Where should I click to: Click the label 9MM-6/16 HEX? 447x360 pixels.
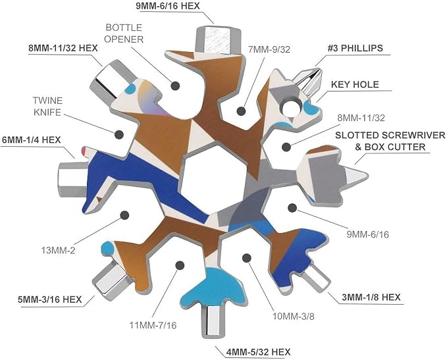click(x=168, y=6)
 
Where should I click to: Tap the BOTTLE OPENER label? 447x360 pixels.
click(x=124, y=34)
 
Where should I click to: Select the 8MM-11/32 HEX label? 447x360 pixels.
click(x=63, y=48)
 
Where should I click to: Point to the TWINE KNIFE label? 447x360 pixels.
click(x=47, y=107)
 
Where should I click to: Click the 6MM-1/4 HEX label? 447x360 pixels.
click(x=32, y=140)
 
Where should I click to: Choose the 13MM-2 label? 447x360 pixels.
click(x=58, y=251)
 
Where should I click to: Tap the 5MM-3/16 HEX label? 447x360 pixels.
click(x=49, y=299)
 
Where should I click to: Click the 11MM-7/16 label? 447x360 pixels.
click(x=153, y=325)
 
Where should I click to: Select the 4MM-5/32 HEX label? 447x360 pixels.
click(x=258, y=352)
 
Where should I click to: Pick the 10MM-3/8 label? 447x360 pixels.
click(x=294, y=316)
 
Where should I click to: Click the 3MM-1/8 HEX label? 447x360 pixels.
click(x=371, y=297)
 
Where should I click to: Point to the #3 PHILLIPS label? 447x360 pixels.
click(x=355, y=48)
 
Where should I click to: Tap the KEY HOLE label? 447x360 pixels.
click(x=355, y=84)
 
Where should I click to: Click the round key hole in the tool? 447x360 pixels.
click(x=292, y=109)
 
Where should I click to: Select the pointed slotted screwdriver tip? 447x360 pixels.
click(x=355, y=174)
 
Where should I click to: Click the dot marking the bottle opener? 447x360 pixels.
click(x=175, y=86)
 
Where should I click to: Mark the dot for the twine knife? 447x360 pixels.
click(x=119, y=134)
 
